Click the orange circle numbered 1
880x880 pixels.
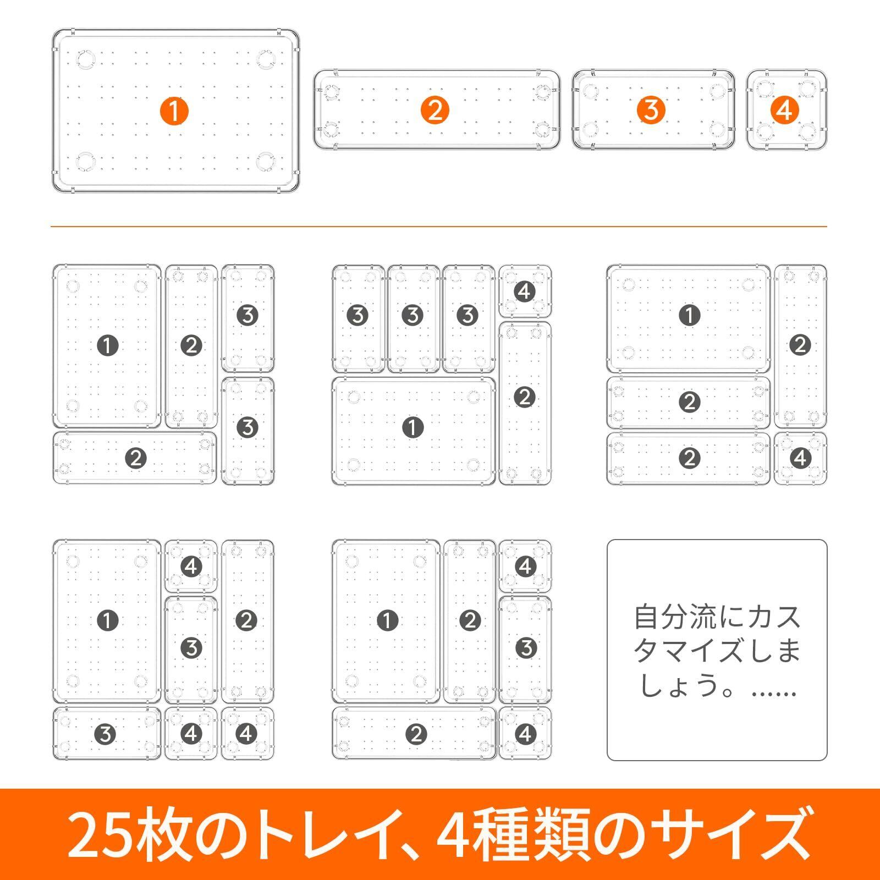tap(174, 111)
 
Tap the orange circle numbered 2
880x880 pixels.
tap(435, 111)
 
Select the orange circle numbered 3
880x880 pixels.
tap(651, 111)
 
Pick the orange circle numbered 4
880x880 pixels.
tap(785, 111)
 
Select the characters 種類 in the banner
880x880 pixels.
tap(532, 834)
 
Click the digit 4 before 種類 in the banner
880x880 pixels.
tap(453, 834)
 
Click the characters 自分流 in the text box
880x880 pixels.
tap(676, 617)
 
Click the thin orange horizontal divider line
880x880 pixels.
tap(438, 227)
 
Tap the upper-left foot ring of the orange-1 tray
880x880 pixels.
tap(86, 59)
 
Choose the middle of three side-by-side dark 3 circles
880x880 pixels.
tap(413, 315)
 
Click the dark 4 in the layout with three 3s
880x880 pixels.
tap(524, 291)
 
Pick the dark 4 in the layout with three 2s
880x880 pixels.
tap(800, 458)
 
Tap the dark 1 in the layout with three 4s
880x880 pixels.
tap(107, 621)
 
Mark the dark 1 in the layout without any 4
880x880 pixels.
tap(107, 346)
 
